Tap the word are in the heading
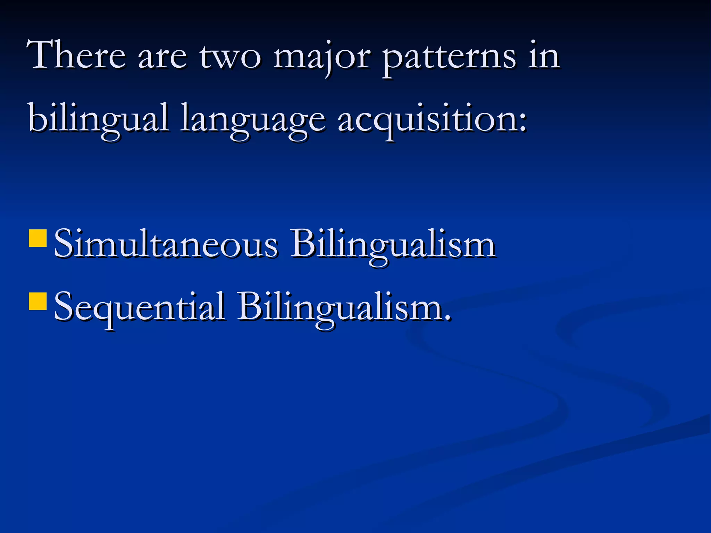(x=162, y=57)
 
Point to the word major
(x=321, y=57)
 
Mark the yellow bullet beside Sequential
(x=38, y=301)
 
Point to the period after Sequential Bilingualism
(x=448, y=318)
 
